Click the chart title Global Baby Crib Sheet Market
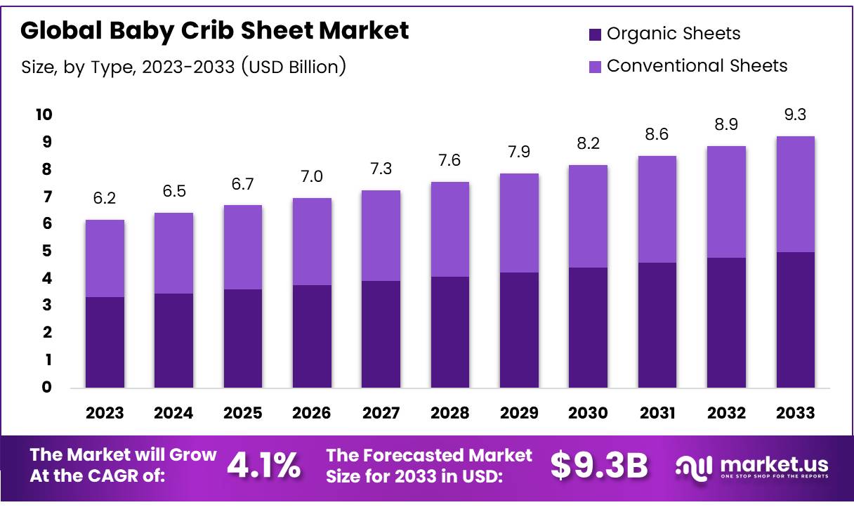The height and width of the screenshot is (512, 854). point(214,30)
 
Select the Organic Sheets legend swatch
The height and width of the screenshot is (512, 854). point(595,34)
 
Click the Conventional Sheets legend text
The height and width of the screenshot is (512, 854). point(697,66)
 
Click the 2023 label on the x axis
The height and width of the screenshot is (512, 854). point(105,412)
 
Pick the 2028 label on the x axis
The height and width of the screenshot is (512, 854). point(450,412)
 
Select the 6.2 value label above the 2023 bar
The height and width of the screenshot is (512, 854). point(105,199)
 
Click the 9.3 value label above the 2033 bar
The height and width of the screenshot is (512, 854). point(795,115)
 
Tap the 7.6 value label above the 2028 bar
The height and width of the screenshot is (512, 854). point(450,161)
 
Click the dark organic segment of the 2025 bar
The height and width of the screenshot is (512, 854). point(243,338)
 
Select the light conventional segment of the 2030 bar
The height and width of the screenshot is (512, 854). point(588,216)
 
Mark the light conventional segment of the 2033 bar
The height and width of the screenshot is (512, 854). point(795,194)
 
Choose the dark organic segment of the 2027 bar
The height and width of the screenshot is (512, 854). point(381,334)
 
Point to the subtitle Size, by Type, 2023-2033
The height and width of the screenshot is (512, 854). point(183,67)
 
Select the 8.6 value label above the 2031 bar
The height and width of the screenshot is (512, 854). point(657,134)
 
